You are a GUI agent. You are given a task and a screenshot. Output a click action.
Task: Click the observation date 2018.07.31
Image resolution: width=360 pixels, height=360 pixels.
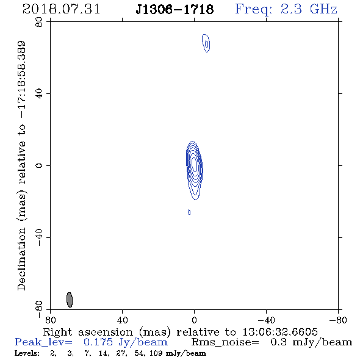(x=61, y=9)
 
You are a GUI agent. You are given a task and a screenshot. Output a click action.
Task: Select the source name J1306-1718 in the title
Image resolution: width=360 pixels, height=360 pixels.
(x=175, y=9)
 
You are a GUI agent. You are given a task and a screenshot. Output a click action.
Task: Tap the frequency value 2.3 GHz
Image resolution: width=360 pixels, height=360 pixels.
(x=309, y=9)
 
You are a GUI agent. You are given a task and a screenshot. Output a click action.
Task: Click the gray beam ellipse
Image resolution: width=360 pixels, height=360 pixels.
(x=70, y=300)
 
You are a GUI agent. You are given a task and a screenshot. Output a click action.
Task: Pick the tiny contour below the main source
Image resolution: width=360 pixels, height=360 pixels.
(x=189, y=212)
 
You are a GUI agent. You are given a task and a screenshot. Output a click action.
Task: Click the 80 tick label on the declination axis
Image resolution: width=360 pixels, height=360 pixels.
(x=39, y=22)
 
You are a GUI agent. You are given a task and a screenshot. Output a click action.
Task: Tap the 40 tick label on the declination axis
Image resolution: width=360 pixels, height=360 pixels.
(x=39, y=94)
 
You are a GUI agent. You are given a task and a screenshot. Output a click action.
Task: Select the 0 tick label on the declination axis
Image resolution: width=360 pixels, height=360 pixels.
(x=39, y=165)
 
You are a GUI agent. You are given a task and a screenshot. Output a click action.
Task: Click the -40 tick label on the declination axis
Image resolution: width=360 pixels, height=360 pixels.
(x=39, y=237)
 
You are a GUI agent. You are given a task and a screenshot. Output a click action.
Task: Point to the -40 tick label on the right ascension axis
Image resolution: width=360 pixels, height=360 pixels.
(x=266, y=320)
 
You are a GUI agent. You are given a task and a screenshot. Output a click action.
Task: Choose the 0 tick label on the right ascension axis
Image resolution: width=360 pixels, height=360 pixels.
(x=194, y=320)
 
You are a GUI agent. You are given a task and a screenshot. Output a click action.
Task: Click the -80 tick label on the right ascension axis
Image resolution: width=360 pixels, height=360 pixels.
(x=338, y=320)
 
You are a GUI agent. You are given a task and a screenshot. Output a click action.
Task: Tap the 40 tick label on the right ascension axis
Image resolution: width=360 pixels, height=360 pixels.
(x=122, y=320)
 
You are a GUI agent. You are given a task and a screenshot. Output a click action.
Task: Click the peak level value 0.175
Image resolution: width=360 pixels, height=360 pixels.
(x=98, y=342)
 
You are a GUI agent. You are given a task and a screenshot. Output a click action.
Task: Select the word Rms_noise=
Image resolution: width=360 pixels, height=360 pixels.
(x=225, y=342)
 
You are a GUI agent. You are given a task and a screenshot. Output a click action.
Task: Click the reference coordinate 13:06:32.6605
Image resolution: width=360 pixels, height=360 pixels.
(x=280, y=332)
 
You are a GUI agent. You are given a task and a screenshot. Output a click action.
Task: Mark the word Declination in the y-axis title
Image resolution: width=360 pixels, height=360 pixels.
(x=21, y=259)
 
